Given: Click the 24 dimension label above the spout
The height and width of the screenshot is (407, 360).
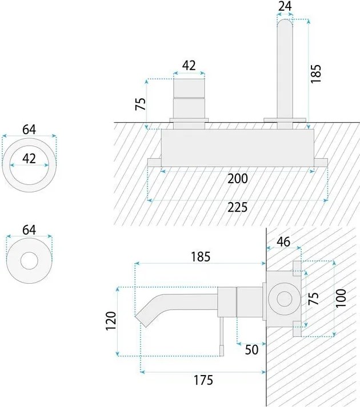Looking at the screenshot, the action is pos(285,6).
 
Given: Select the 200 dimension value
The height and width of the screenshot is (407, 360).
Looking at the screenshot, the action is pos(238,179).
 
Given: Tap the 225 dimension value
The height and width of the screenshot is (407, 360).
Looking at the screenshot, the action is pos(238,207).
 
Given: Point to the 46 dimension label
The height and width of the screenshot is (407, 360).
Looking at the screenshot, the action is pos(283,242).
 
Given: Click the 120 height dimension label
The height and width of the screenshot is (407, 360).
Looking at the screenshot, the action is pos(111,321).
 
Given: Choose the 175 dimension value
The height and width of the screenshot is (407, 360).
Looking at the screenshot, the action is pos(203,380).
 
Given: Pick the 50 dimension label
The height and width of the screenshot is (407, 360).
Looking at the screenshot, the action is pos(251,349).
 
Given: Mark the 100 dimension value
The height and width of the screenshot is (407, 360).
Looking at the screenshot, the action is pos(341,298).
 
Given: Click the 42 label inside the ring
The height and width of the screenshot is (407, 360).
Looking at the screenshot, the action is pos(29,159).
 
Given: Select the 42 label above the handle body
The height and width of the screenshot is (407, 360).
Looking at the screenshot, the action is pos(189,66).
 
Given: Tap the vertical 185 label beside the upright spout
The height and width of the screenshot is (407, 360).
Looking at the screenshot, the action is pos(316,74).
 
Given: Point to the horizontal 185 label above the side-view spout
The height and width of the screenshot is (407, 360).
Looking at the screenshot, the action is pos(201,257).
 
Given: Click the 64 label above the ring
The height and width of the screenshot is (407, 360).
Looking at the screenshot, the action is pos(29,130).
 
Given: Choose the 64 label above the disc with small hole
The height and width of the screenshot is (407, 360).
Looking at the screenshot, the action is pos(29,230).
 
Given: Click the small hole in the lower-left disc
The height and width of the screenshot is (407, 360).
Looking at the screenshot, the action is pos(29,261).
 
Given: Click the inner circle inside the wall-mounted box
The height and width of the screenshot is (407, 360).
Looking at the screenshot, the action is pos(285,299).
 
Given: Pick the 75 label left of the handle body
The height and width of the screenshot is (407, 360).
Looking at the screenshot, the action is pos(141,104).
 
